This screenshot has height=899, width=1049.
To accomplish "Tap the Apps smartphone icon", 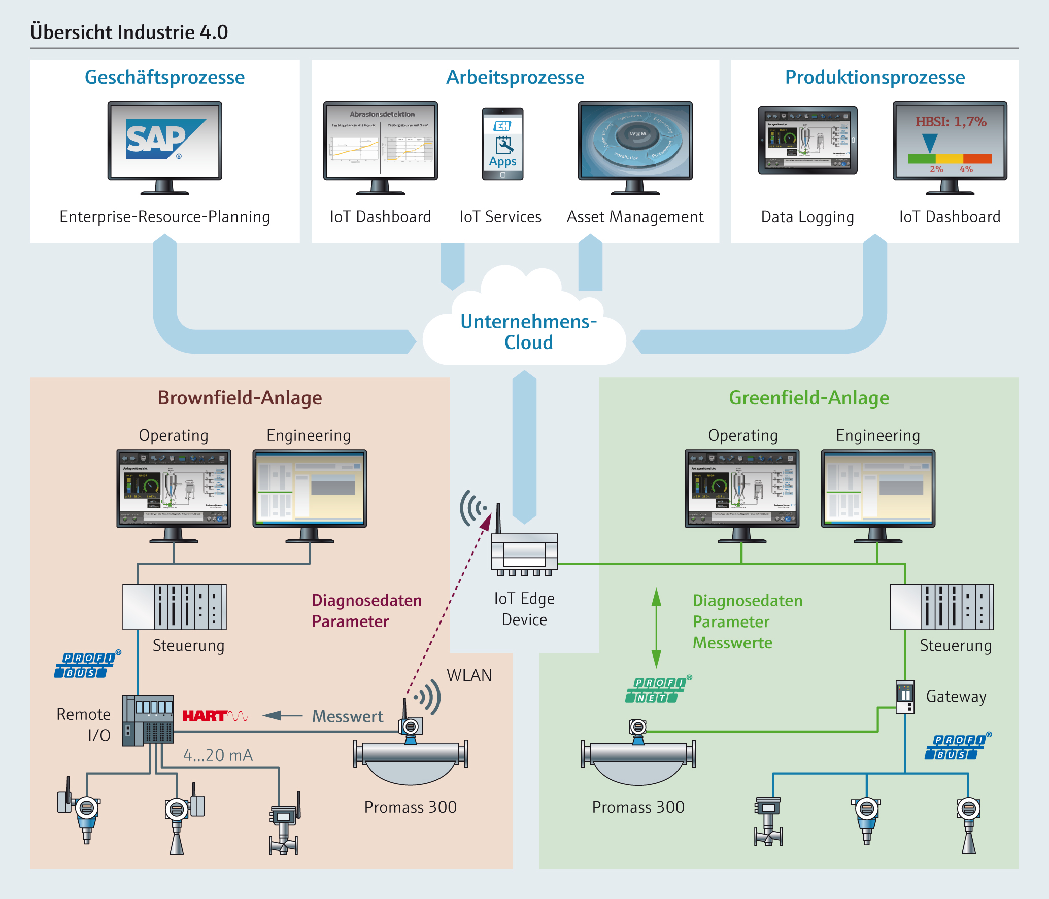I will [x=502, y=144].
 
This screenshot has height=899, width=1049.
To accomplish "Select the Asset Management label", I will [x=635, y=217].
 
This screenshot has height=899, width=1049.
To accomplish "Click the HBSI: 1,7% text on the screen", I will [x=951, y=122].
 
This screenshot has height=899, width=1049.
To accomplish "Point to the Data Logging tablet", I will [x=807, y=140].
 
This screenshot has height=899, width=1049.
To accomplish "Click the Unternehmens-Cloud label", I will [x=528, y=332].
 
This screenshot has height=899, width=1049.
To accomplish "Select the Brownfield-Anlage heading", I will [x=240, y=398].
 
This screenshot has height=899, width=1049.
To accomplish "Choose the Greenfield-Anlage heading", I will [x=808, y=398].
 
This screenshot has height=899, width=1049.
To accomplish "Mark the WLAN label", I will [x=469, y=675].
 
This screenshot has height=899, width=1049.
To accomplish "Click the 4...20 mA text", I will [x=218, y=755].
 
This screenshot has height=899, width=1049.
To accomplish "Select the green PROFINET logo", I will [x=656, y=690].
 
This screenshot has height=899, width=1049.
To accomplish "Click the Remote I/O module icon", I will [x=148, y=720].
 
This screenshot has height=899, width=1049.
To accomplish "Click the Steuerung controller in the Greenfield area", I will [x=941, y=607].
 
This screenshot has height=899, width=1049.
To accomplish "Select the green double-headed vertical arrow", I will [x=656, y=628].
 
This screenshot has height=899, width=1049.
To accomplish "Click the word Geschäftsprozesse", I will [x=164, y=77].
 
